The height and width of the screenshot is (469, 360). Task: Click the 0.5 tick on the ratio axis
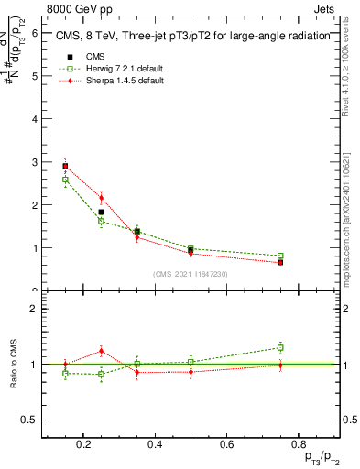tap(30, 420)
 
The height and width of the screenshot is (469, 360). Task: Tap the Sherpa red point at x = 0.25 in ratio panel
tap(102, 351)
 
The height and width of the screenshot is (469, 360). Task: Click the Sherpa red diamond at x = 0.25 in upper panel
tap(102, 198)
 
